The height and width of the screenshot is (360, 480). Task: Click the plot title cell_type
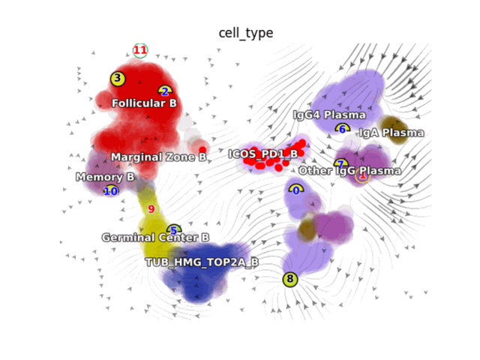pyautogui.click(x=246, y=33)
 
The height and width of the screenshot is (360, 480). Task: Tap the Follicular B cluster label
pyautogui.click(x=144, y=103)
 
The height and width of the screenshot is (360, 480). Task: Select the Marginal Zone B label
pyautogui.click(x=158, y=157)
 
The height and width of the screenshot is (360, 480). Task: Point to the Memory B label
pyautogui.click(x=105, y=178)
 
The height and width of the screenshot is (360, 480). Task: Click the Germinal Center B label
pyautogui.click(x=155, y=238)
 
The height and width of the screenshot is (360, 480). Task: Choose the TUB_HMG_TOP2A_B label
pyautogui.click(x=202, y=262)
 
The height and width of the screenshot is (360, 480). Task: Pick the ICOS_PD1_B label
pyautogui.click(x=262, y=154)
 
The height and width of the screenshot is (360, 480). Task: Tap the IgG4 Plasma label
pyautogui.click(x=329, y=115)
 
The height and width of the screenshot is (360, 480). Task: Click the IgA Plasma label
pyautogui.click(x=391, y=133)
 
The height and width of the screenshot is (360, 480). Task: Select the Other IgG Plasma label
pyautogui.click(x=349, y=171)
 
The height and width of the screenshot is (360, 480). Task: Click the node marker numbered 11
pyautogui.click(x=140, y=50)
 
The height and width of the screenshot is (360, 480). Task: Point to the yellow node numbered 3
pyautogui.click(x=118, y=78)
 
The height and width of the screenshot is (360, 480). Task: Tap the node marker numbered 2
pyautogui.click(x=165, y=91)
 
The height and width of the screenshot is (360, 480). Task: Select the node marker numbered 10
pyautogui.click(x=111, y=191)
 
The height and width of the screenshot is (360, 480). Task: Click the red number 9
pyautogui.click(x=151, y=209)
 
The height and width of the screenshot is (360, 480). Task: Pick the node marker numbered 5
pyautogui.click(x=174, y=230)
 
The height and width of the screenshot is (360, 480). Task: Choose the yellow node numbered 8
pyautogui.click(x=290, y=280)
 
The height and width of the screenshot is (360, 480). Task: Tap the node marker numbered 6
pyautogui.click(x=343, y=129)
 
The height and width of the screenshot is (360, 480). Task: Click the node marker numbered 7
pyautogui.click(x=340, y=163)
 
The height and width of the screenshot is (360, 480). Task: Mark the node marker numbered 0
pyautogui.click(x=296, y=190)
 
